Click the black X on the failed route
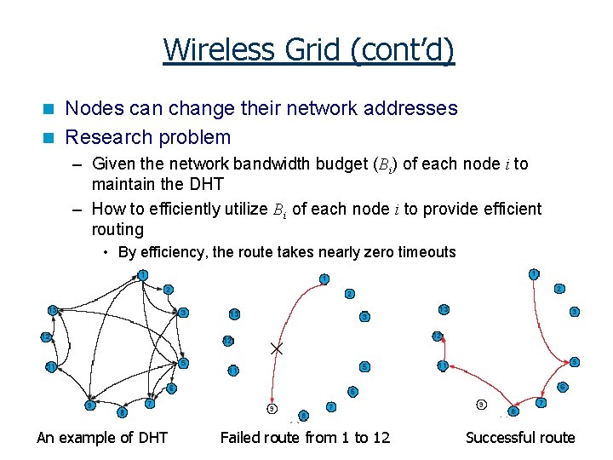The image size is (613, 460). tap(276, 348)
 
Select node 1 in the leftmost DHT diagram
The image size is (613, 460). tap(143, 274)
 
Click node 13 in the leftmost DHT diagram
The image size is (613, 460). tap(53, 309)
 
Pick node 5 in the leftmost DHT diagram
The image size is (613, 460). tap(183, 364)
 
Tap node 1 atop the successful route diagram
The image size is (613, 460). tap(534, 274)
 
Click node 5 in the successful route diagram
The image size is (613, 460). tap(575, 362)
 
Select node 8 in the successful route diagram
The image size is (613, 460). tap(513, 411)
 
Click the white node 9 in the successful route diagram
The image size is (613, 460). tap(481, 404)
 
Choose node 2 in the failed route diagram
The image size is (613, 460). tap(349, 294)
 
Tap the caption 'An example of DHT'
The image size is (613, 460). tap(102, 438)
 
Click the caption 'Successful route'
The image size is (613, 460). tap(520, 438)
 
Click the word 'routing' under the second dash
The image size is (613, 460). tap(117, 228)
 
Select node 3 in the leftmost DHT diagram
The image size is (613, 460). tap(183, 313)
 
